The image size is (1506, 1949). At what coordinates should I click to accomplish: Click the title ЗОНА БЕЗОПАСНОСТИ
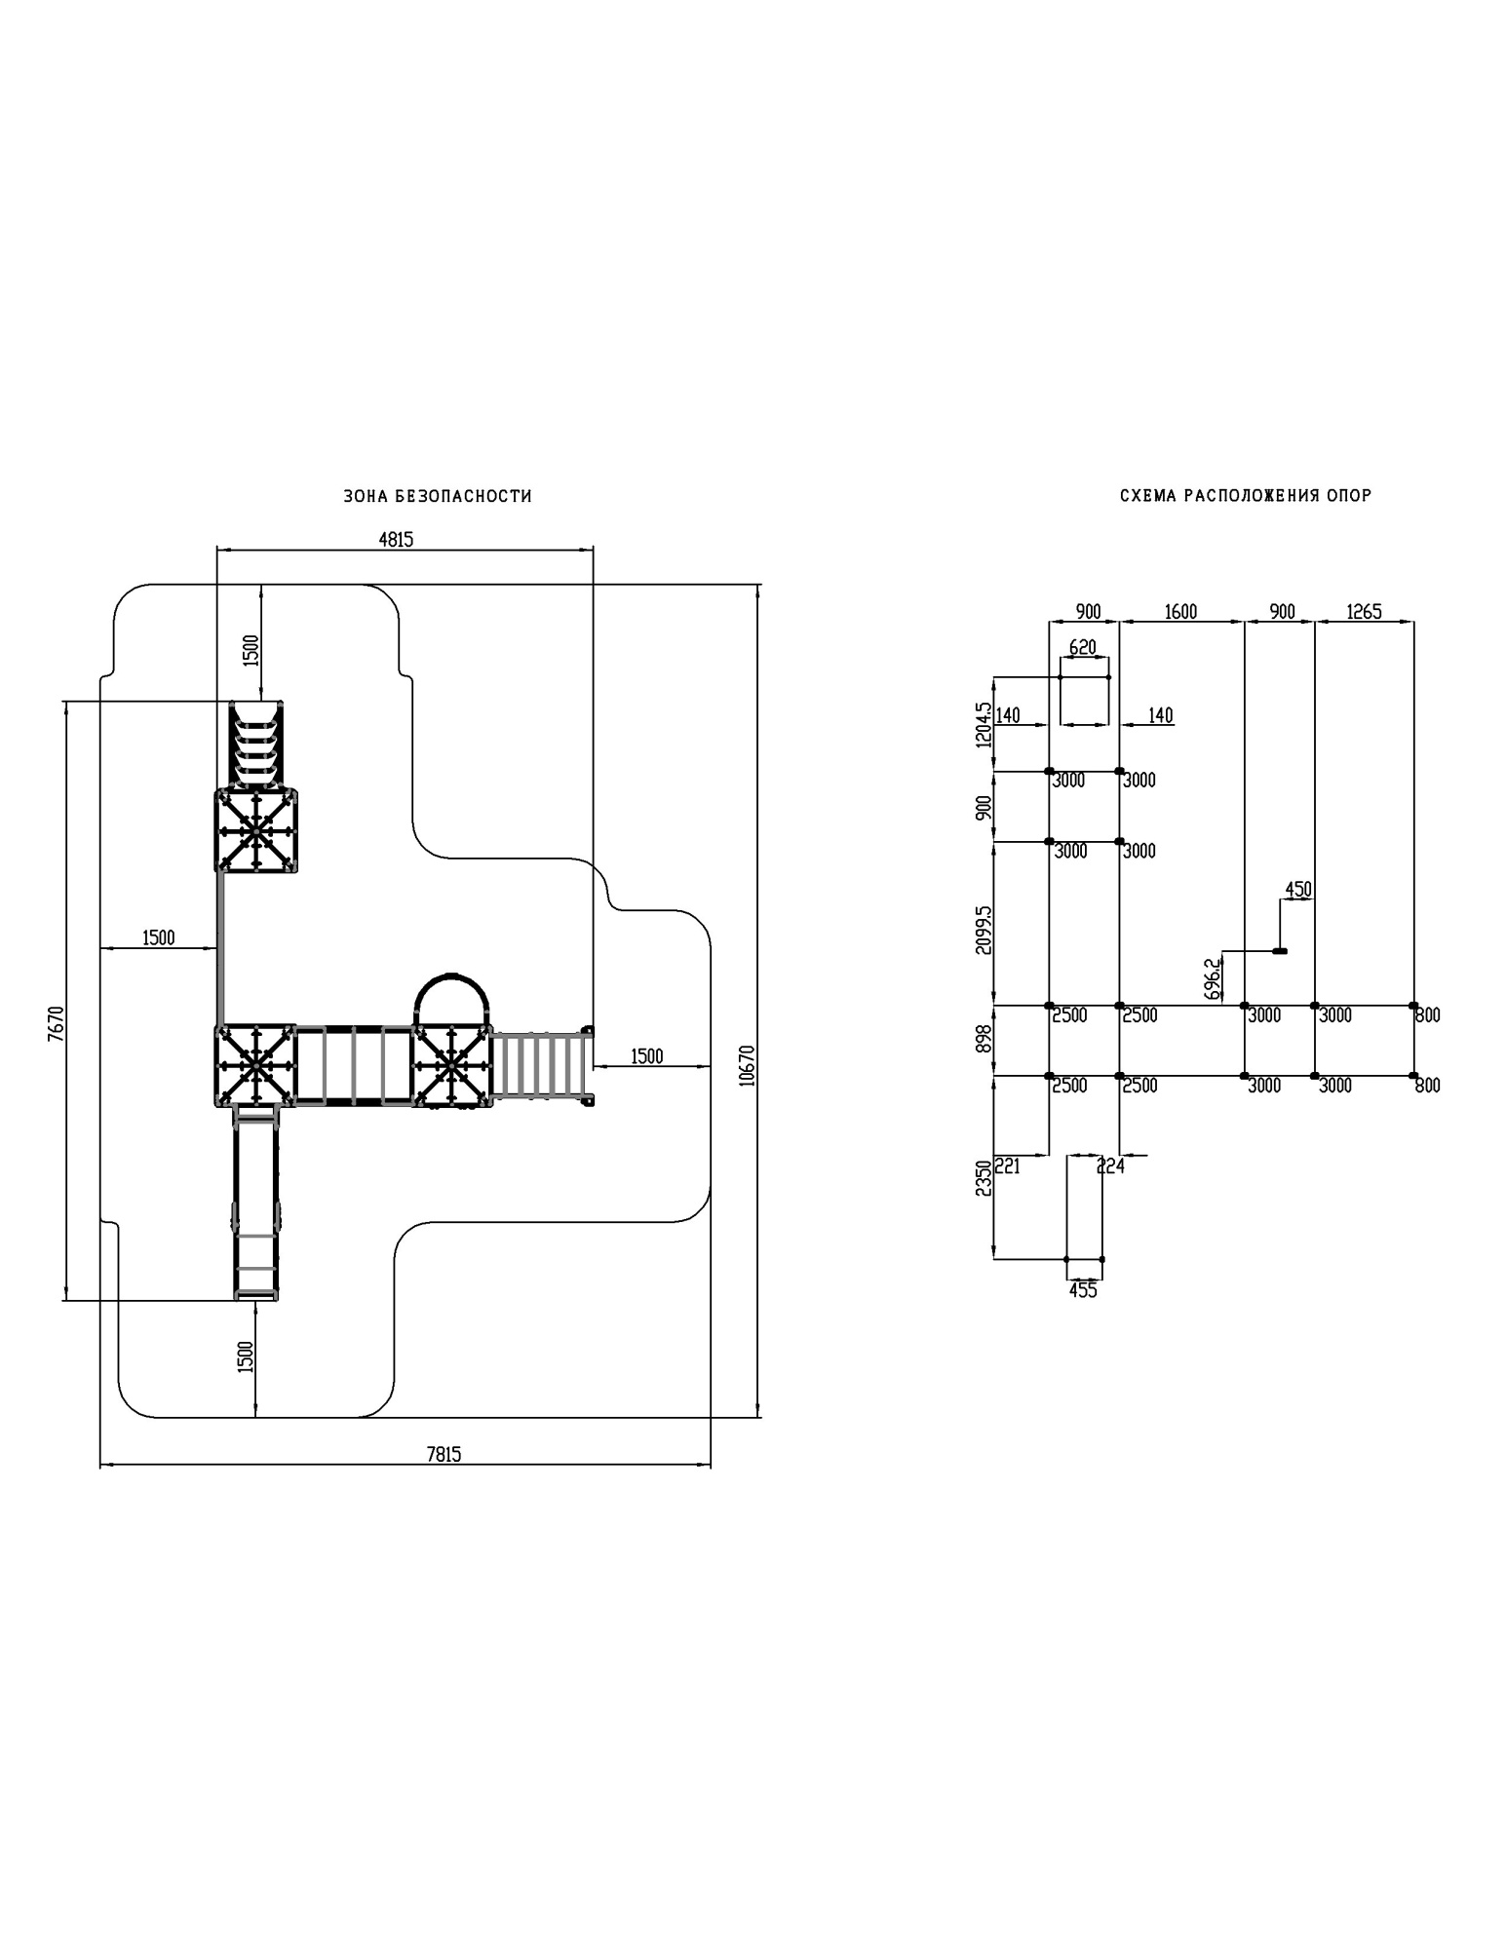438,496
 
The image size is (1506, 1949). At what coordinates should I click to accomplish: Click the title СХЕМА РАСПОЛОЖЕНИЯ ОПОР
1245,496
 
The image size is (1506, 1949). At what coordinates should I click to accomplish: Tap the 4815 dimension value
396,539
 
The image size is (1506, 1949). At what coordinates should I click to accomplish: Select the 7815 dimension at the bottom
444,1454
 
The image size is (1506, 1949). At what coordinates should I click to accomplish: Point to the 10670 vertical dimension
748,1066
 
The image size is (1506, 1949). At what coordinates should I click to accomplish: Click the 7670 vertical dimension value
55,1024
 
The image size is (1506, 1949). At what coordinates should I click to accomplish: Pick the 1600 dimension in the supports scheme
1180,611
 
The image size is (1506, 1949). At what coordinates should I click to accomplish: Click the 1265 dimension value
1364,611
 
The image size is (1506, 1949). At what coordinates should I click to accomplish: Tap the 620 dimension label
1083,647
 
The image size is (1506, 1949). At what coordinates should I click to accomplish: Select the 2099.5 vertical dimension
984,930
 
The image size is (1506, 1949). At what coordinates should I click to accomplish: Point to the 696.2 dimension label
1212,978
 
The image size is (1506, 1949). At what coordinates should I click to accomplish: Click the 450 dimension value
1298,889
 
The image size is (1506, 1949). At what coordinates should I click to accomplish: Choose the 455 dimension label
1083,1290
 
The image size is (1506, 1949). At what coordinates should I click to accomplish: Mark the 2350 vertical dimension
984,1177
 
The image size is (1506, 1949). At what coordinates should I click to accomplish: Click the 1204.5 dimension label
984,724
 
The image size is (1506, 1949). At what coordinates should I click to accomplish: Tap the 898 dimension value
984,1038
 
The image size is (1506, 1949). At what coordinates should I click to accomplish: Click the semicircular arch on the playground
451,991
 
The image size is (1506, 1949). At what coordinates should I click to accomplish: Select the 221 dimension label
1007,1166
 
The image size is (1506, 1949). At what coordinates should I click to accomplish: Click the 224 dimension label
1111,1166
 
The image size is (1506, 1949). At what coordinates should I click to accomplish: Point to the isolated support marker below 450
1280,951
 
